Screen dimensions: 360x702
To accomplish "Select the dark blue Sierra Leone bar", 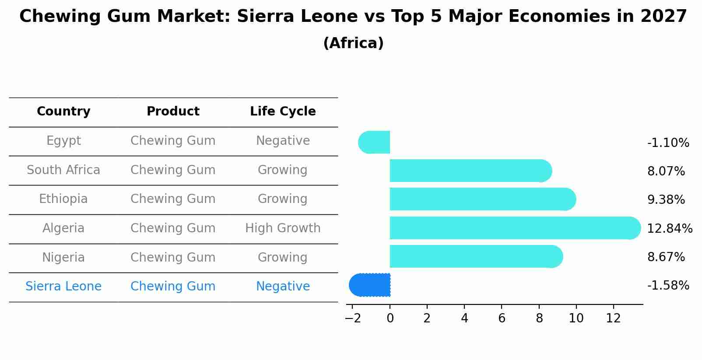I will pyautogui.click(x=370, y=285).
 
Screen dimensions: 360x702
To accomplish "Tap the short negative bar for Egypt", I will pyautogui.click(x=375, y=142).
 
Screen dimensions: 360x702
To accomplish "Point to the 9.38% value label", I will pyautogui.click(x=666, y=200).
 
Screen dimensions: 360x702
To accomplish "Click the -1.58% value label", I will pyautogui.click(x=668, y=286).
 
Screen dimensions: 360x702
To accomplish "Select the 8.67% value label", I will pyautogui.click(x=666, y=257).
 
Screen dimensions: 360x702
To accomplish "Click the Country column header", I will pyautogui.click(x=63, y=112).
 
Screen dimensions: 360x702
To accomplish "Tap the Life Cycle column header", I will pyautogui.click(x=283, y=112).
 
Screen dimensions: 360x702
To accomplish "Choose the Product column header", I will pyautogui.click(x=173, y=112).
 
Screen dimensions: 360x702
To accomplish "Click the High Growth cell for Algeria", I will pyautogui.click(x=283, y=228).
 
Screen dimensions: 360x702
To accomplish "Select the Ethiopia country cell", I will pyautogui.click(x=63, y=199).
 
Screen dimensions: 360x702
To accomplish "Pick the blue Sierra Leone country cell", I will pyautogui.click(x=63, y=287).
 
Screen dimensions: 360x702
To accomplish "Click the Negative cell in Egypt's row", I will pyautogui.click(x=283, y=141).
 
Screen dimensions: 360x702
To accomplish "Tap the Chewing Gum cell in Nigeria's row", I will pyautogui.click(x=173, y=257).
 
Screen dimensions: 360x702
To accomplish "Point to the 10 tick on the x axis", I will pyautogui.click(x=576, y=318).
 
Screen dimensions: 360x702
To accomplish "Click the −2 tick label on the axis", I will pyautogui.click(x=353, y=318).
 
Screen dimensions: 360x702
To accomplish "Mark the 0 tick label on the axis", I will pyautogui.click(x=390, y=318).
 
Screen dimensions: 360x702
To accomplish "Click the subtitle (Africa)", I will pyautogui.click(x=353, y=43).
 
